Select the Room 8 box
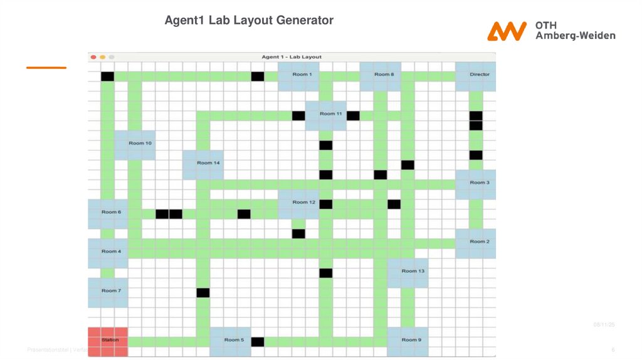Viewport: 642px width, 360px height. tap(381, 76)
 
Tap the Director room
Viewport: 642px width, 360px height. tap(476, 76)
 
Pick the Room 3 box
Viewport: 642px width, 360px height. tap(476, 184)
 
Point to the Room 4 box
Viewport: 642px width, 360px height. tap(108, 253)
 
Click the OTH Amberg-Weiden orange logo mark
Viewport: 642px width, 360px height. tap(507, 31)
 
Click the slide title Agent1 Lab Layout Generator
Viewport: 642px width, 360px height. tap(249, 21)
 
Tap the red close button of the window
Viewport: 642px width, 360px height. tap(93, 57)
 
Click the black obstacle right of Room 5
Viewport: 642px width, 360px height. tap(258, 342)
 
